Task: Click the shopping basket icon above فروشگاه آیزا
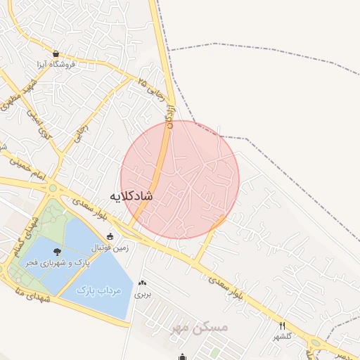[56, 53]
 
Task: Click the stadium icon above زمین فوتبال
[110, 236]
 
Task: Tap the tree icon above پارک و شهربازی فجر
[57, 251]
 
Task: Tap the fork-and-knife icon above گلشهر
[282, 326]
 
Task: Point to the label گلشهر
[282, 337]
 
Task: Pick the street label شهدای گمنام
[16, 242]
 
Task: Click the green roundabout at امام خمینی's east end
[52, 188]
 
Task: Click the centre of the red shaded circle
[180, 179]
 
